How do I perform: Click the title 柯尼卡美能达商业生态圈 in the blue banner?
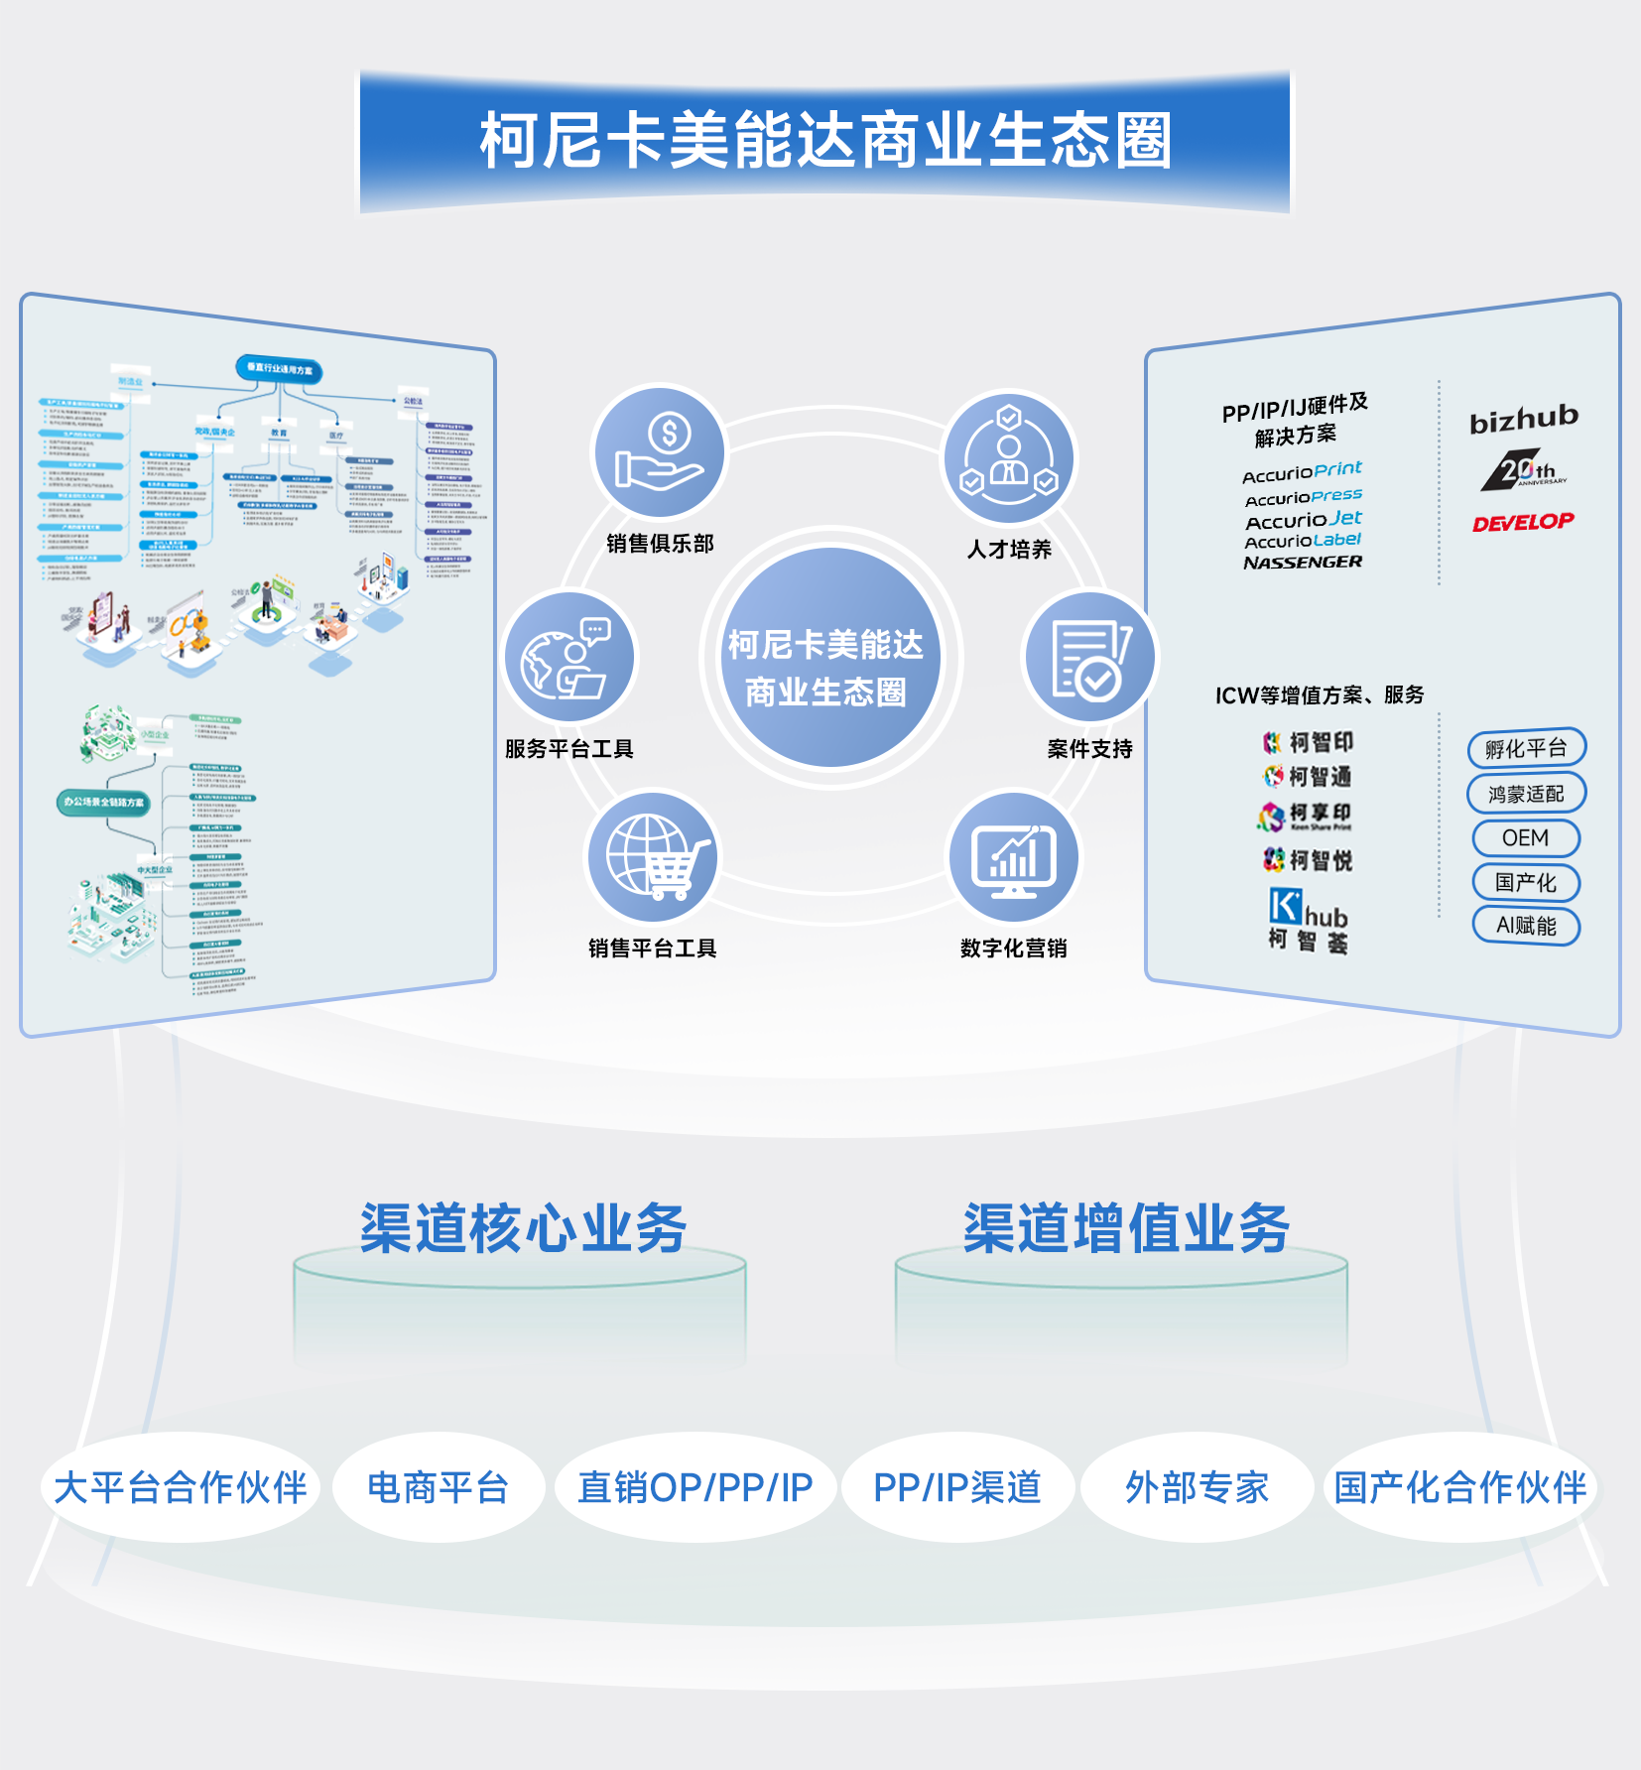[825, 140]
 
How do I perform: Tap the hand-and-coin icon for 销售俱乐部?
[660, 452]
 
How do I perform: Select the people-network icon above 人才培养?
[1009, 457]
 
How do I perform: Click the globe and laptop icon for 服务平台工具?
[569, 657]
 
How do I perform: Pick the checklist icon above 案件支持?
[1089, 658]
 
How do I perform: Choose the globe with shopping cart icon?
[654, 857]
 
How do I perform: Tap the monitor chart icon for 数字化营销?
[1014, 857]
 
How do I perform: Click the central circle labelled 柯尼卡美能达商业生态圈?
[825, 658]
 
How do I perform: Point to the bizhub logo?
[1524, 420]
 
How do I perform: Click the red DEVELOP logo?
[1523, 522]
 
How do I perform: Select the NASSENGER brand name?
[1303, 563]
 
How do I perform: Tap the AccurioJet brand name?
[1304, 519]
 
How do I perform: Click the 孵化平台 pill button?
[1526, 748]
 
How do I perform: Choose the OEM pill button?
[1526, 838]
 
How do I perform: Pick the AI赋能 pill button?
[1526, 926]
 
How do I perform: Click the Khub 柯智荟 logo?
[1308, 920]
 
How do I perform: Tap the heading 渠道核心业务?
[523, 1228]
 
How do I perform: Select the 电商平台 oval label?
[439, 1487]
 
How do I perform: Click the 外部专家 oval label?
[1198, 1487]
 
